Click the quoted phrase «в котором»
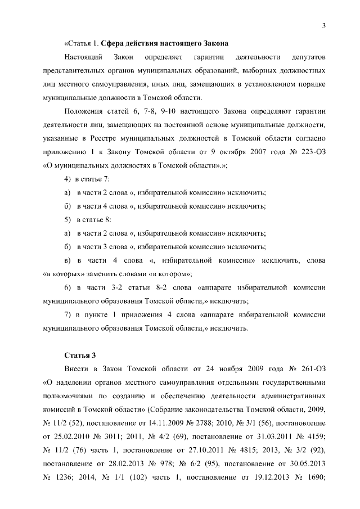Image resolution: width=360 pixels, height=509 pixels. click(168, 274)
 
